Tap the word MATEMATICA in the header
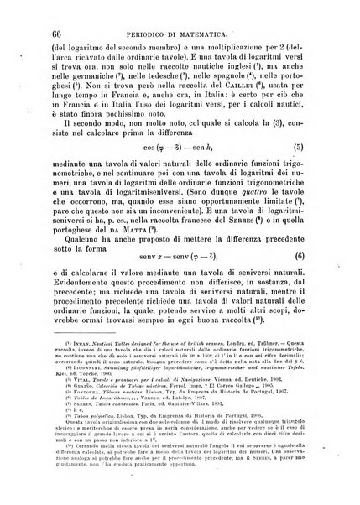coord(230,33)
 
